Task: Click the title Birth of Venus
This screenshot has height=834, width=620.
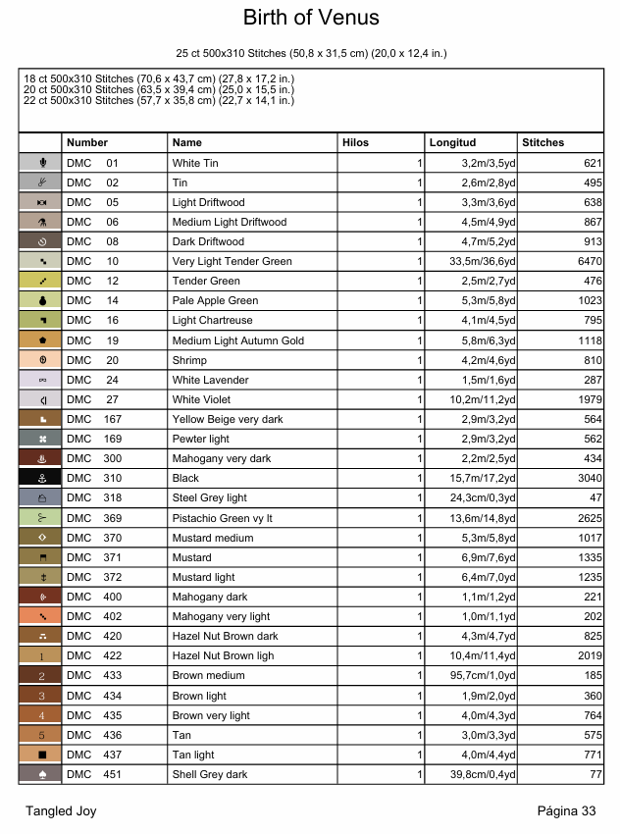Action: coord(310,19)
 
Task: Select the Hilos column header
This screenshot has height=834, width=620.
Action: coord(355,142)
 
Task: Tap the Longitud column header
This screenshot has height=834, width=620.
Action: coord(452,142)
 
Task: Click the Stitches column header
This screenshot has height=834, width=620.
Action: coord(542,142)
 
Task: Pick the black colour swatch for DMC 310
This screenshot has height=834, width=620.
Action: coord(41,478)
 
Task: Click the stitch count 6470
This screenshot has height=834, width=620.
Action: coord(587,261)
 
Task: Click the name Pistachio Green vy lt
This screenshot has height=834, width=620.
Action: coord(222,518)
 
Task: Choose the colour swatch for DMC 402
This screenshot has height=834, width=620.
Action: coord(41,616)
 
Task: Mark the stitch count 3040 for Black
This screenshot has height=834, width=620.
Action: coord(587,478)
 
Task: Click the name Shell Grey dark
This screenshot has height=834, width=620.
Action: coord(210,774)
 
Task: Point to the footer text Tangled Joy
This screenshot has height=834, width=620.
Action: coord(61,811)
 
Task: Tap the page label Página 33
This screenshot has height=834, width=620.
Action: coord(566,811)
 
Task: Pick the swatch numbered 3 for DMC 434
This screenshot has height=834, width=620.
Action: coord(41,696)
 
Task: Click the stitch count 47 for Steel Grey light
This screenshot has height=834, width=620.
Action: coord(594,498)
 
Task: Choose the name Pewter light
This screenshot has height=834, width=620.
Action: coord(201,439)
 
